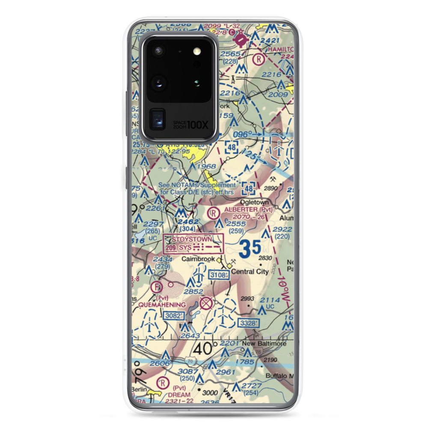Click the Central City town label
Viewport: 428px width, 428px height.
(x=250, y=271)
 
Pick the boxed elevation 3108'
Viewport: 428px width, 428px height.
(x=219, y=276)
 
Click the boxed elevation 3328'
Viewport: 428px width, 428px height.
(x=248, y=322)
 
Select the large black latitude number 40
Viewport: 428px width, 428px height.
(x=205, y=349)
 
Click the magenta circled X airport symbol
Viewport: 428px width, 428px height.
(x=206, y=303)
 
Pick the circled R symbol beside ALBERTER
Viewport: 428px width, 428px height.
(x=212, y=212)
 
